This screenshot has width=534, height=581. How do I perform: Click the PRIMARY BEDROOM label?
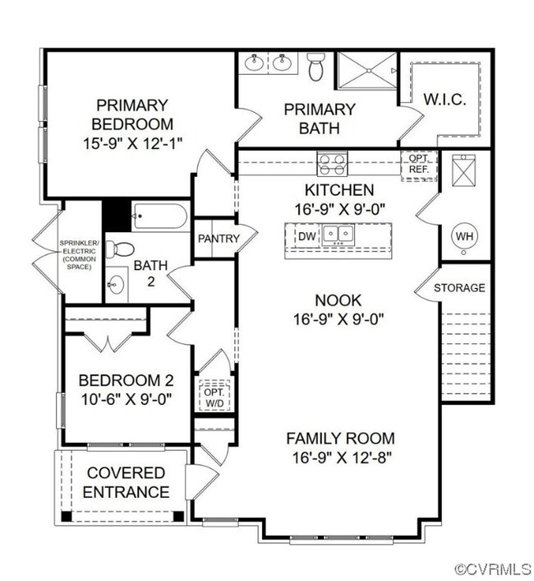point(134,124)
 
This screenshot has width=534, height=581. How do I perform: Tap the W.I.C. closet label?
point(444,100)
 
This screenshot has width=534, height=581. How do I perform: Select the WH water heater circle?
point(465,236)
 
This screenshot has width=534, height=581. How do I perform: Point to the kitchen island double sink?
point(338,235)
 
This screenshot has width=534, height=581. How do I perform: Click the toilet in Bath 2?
point(122,249)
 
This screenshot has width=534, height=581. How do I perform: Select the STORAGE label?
point(459,288)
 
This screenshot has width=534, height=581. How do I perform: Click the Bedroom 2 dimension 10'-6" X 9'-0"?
point(125,401)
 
